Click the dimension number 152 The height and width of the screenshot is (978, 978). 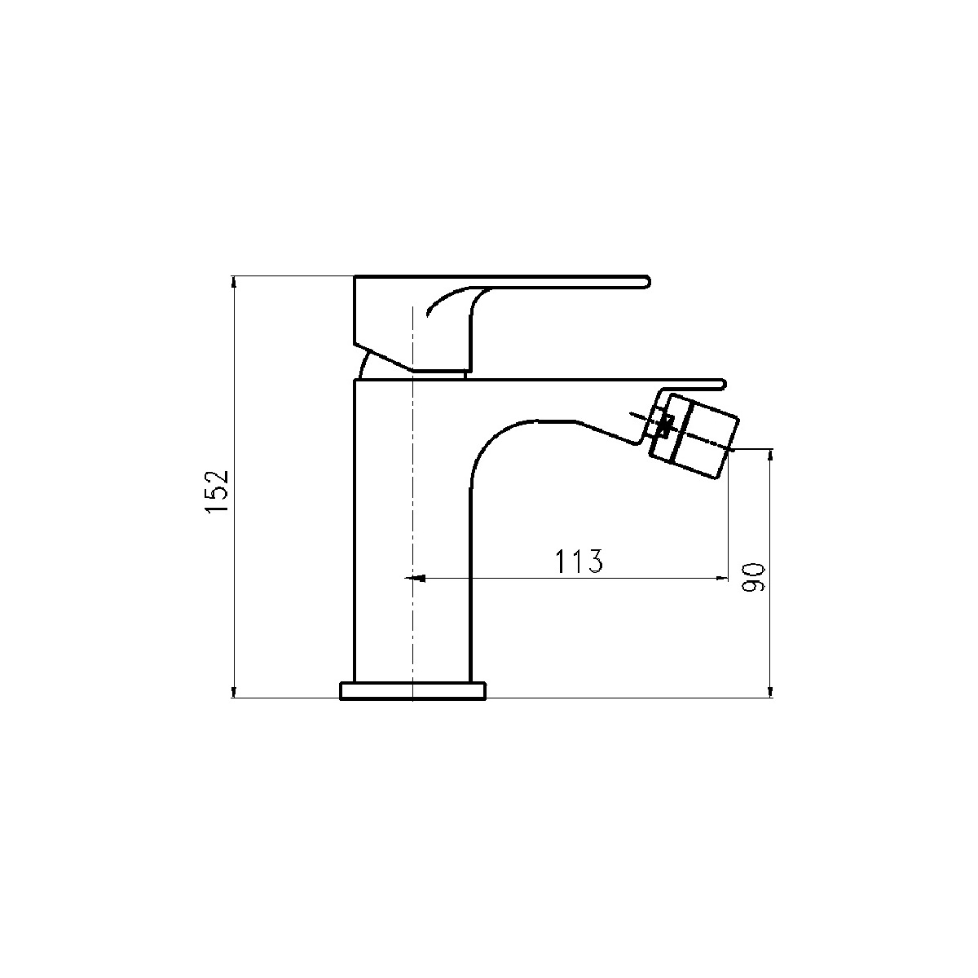point(218,492)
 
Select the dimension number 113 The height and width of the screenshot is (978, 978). point(579,561)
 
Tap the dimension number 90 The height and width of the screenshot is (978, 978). point(753,578)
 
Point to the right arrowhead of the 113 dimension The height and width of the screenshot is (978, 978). point(722,578)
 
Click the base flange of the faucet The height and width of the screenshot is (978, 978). point(412,691)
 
